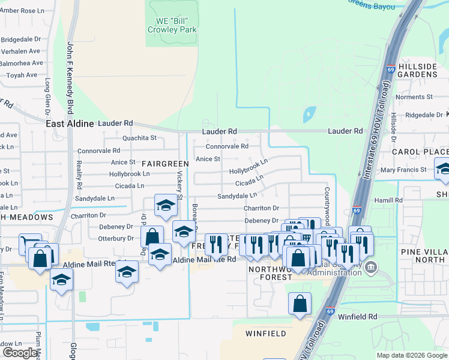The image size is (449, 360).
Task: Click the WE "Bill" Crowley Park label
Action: [172, 25]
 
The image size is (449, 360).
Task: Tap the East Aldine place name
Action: [70, 124]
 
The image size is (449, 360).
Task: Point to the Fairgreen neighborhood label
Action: [165, 163]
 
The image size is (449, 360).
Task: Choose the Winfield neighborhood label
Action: [266, 333]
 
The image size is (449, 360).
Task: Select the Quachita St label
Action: [139, 137]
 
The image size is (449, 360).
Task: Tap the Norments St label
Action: [414, 97]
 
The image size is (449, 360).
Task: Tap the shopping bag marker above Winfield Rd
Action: [300, 303]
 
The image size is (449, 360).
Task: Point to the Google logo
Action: [20, 353]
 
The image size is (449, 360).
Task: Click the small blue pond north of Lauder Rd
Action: [310, 114]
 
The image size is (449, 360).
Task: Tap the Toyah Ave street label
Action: [22, 76]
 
